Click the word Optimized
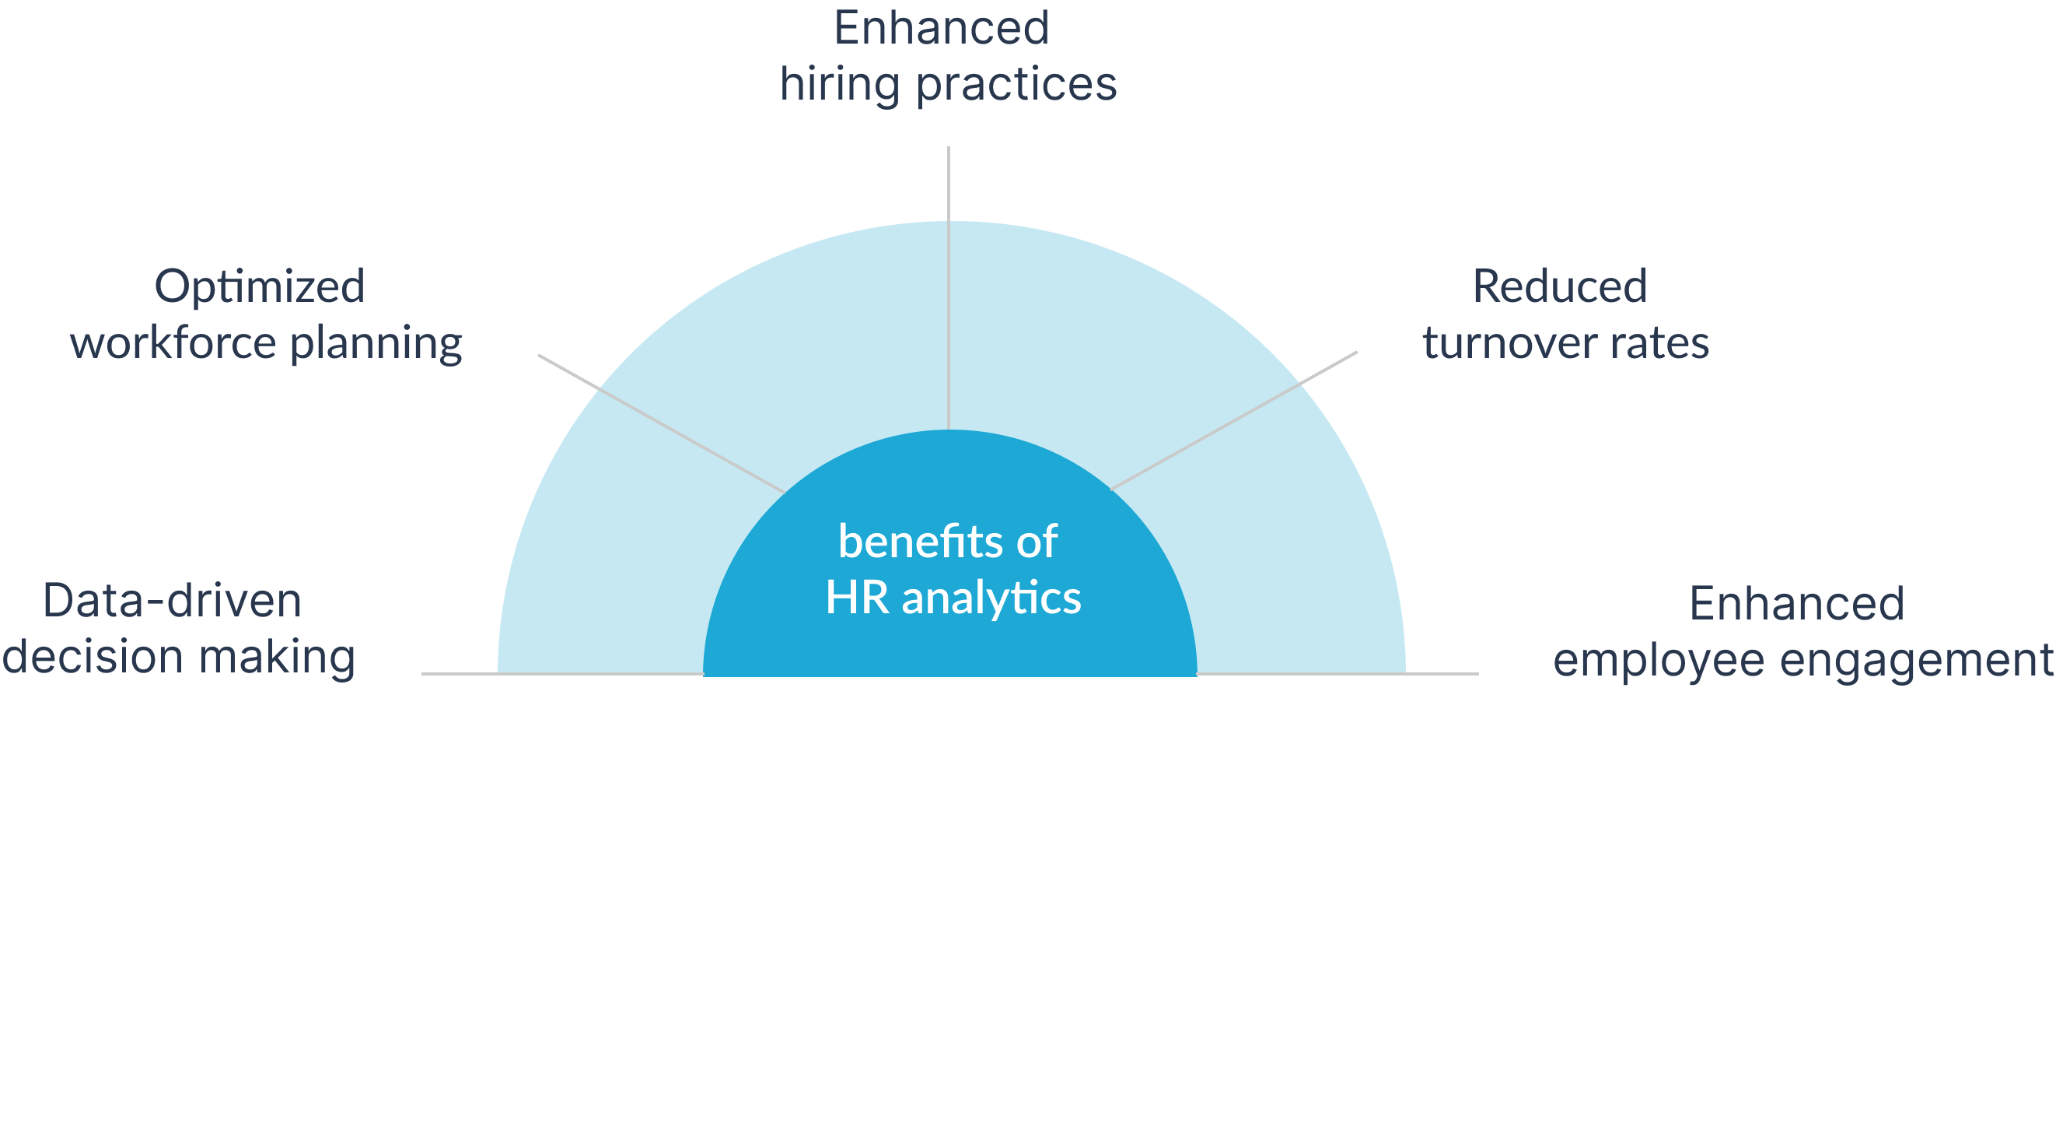(x=260, y=287)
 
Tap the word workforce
(x=173, y=343)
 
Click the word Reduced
(x=1560, y=286)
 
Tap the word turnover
(x=1509, y=344)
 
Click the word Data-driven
(x=173, y=601)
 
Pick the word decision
(x=93, y=658)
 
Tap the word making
(x=277, y=658)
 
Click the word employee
(x=1659, y=662)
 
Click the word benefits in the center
(x=921, y=542)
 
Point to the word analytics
(x=991, y=598)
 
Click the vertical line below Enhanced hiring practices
(x=948, y=287)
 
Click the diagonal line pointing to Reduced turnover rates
(x=1234, y=420)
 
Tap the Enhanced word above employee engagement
(x=1796, y=604)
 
